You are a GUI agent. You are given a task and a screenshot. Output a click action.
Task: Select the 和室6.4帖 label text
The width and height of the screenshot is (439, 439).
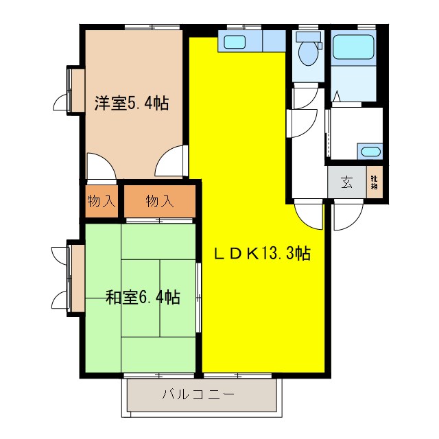click(x=143, y=298)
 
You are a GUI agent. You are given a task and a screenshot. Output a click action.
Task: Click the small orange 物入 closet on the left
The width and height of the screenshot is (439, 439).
click(x=101, y=201)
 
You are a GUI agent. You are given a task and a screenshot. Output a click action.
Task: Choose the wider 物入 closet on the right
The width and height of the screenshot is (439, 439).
click(x=159, y=201)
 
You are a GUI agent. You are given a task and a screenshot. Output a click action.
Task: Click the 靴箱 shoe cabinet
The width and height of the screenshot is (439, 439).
click(x=375, y=182)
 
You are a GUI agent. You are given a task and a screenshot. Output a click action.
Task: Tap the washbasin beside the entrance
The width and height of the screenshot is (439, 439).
click(x=370, y=152)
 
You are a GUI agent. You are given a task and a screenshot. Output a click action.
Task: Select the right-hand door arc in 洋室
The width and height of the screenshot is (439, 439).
click(x=171, y=163)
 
